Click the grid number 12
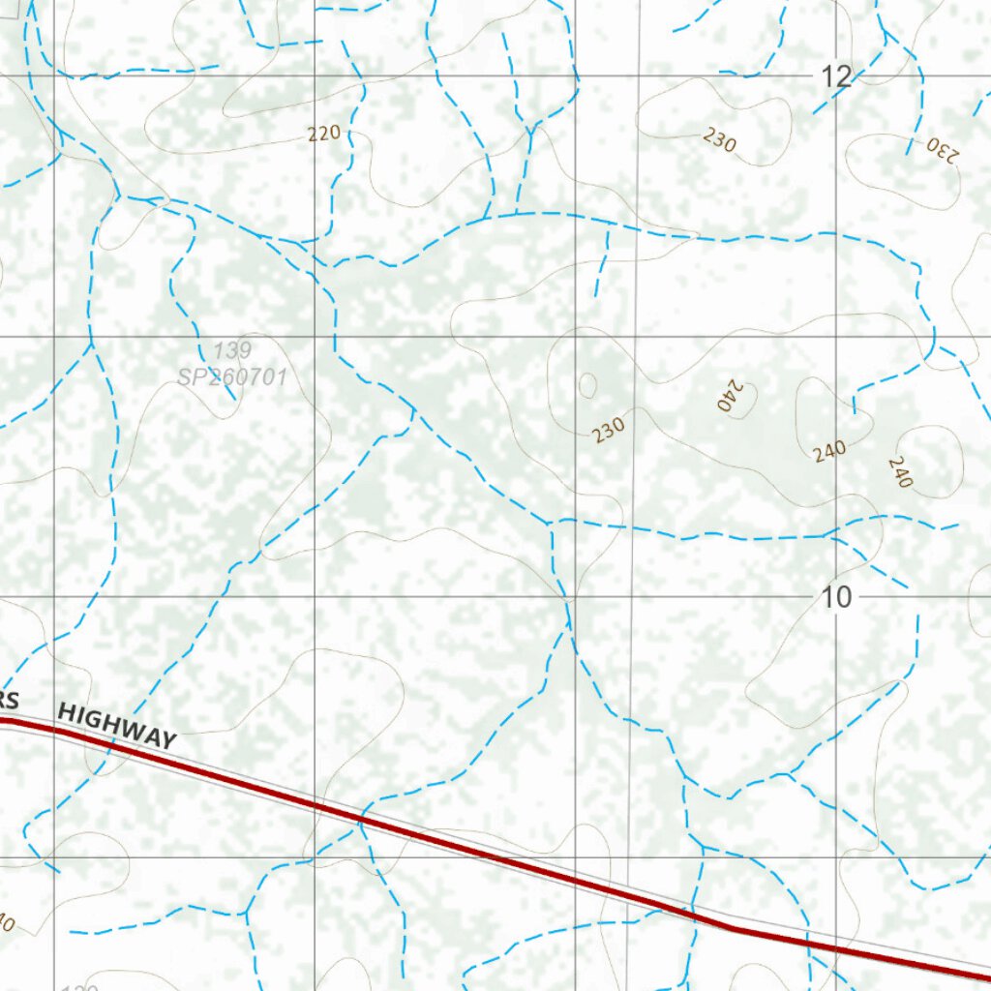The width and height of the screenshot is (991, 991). pyautogui.click(x=836, y=76)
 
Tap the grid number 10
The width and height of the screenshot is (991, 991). pyautogui.click(x=837, y=597)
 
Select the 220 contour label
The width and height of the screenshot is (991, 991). pyautogui.click(x=324, y=134)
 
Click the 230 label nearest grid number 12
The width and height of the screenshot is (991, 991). pyautogui.click(x=719, y=140)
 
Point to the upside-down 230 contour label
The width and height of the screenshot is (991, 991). pyautogui.click(x=942, y=149)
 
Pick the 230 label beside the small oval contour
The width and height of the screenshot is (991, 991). pyautogui.click(x=609, y=428)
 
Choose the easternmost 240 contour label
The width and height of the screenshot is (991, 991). pyautogui.click(x=899, y=471)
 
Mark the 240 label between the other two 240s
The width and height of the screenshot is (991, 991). pyautogui.click(x=829, y=451)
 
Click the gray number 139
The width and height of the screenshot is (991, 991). pyautogui.click(x=232, y=350)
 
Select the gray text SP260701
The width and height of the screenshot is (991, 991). pyautogui.click(x=232, y=376)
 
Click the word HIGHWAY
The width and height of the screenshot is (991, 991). pyautogui.click(x=117, y=726)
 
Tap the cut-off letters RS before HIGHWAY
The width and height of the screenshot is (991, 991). pyautogui.click(x=10, y=701)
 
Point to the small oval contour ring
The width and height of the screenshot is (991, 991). pyautogui.click(x=587, y=385)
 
